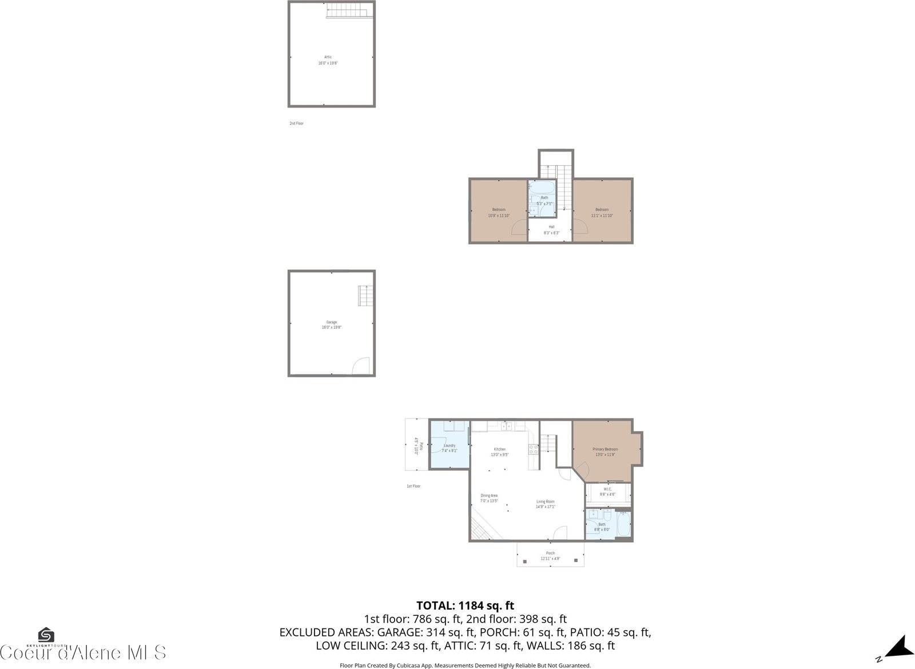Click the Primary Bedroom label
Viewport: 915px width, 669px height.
pyautogui.click(x=604, y=449)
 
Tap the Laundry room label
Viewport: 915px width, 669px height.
pyautogui.click(x=449, y=445)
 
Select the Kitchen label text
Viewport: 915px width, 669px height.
pyautogui.click(x=499, y=449)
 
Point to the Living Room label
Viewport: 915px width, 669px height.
pyautogui.click(x=545, y=501)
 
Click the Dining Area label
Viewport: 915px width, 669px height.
pyautogui.click(x=489, y=496)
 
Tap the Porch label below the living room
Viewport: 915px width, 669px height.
pyautogui.click(x=550, y=553)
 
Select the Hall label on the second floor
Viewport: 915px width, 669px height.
pyautogui.click(x=551, y=227)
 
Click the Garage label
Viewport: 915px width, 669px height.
pyautogui.click(x=332, y=322)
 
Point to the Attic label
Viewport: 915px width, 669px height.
pyautogui.click(x=328, y=57)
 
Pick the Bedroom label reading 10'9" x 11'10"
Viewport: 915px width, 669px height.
pyautogui.click(x=499, y=209)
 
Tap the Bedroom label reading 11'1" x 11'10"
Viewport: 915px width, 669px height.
pyautogui.click(x=602, y=209)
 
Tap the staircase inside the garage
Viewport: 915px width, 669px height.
pyautogui.click(x=365, y=296)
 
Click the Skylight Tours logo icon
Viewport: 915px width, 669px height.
pyautogui.click(x=46, y=636)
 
